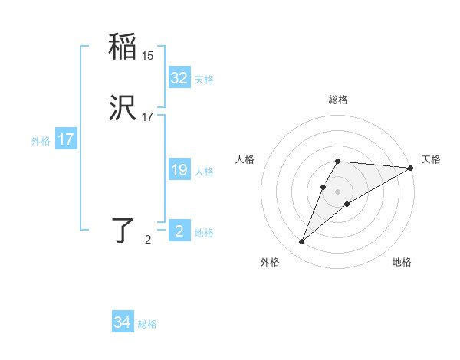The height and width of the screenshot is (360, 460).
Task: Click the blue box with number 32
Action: tap(179, 78)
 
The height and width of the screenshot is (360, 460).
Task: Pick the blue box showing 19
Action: tap(179, 171)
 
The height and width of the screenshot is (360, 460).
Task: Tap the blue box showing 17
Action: tap(66, 139)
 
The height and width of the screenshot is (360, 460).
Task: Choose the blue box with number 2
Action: tap(179, 231)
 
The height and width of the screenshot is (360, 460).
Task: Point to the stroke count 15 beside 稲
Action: tap(148, 56)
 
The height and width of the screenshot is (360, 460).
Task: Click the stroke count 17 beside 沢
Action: tap(148, 117)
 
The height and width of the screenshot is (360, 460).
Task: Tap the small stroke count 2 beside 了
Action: tap(148, 240)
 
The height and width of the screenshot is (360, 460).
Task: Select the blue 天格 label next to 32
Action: tap(204, 80)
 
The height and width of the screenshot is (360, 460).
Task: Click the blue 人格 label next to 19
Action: tap(204, 172)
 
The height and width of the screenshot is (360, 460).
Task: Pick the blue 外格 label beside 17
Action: tap(41, 141)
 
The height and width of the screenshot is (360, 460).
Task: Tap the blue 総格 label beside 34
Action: tap(147, 324)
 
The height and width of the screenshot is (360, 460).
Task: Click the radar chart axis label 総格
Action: tap(338, 100)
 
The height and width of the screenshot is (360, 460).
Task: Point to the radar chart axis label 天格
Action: tap(431, 159)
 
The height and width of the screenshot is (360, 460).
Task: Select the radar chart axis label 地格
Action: tap(402, 262)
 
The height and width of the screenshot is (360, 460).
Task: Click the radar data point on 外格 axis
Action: tap(302, 242)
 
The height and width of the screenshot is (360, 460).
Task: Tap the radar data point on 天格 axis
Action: tap(411, 168)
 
